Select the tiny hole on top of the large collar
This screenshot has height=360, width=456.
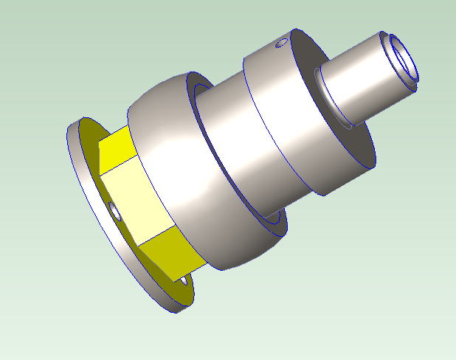tap(280, 44)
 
